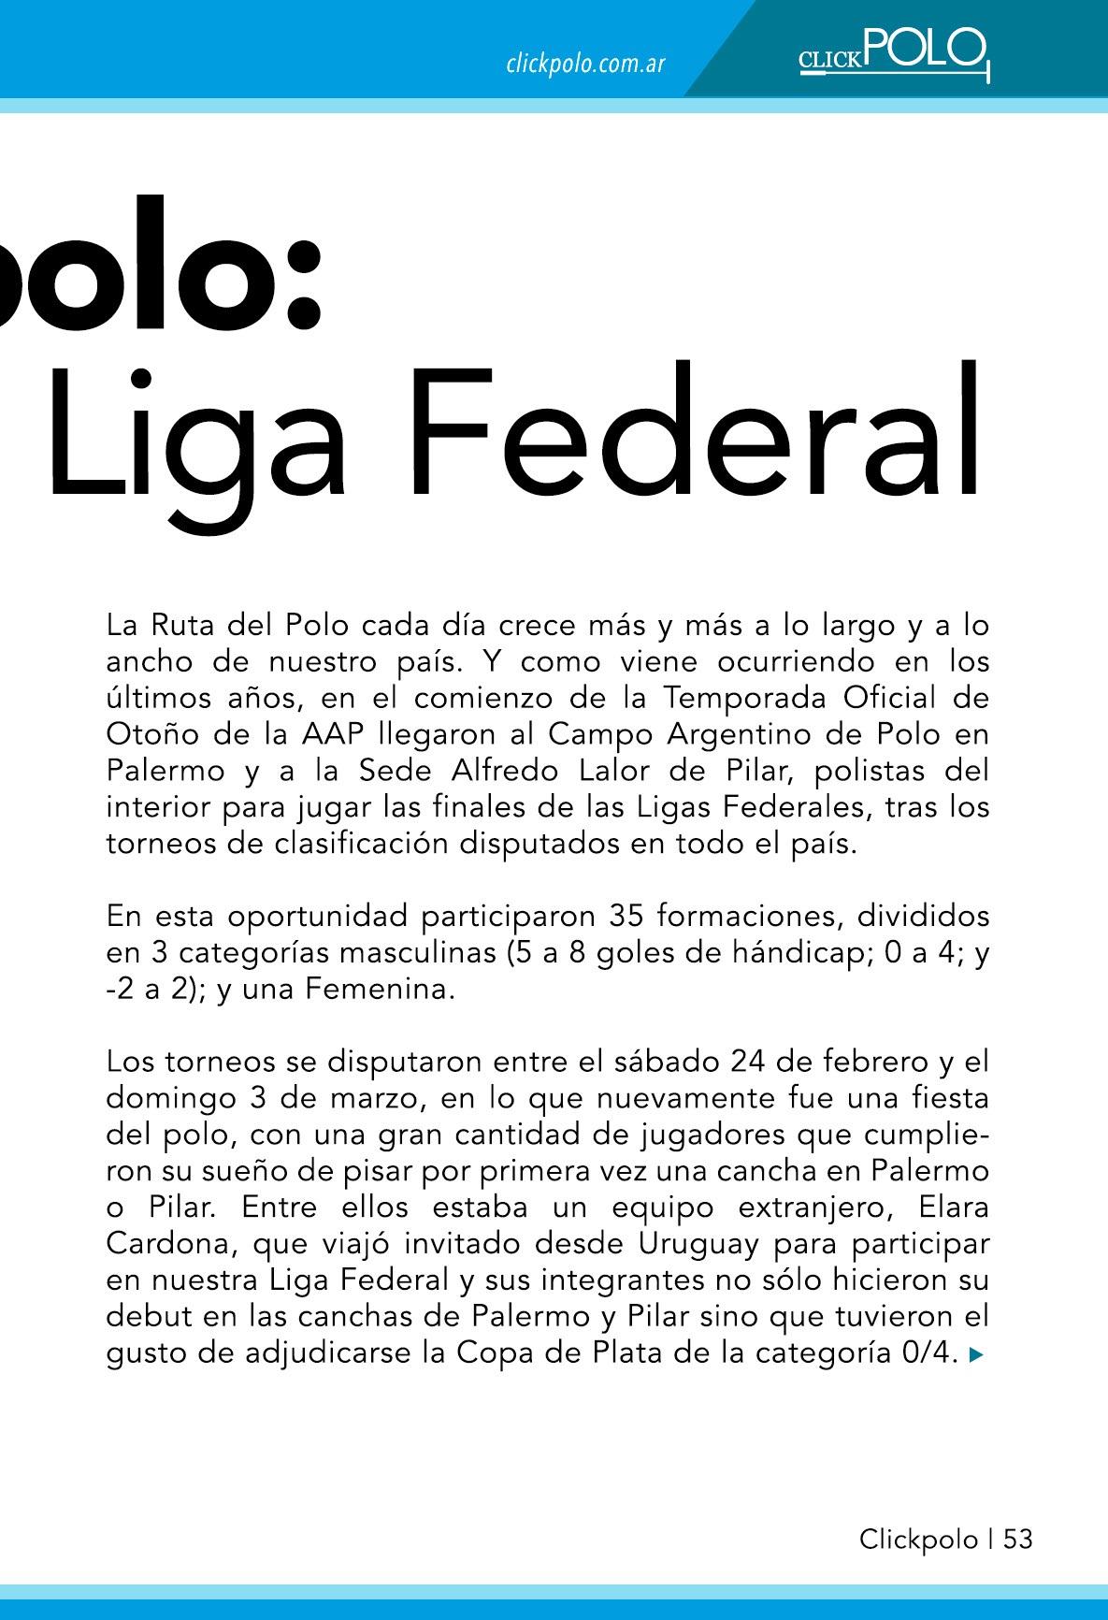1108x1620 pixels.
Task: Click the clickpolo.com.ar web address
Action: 585,65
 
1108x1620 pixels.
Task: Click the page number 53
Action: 1018,1540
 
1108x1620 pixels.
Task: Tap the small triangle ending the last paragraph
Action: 977,1354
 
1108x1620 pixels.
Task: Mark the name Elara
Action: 953,1208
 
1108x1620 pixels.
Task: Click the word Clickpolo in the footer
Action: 918,1540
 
